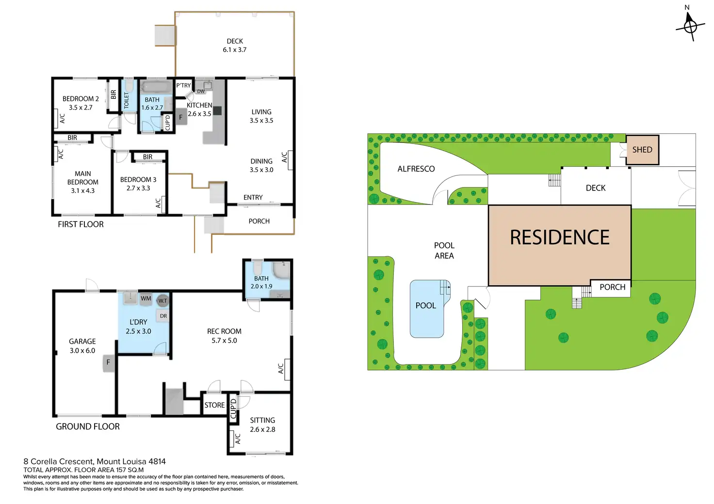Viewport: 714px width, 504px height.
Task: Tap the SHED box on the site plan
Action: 642,150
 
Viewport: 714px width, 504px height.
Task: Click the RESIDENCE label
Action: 560,237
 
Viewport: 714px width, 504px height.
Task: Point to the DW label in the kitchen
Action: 201,92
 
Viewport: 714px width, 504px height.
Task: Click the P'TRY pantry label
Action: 183,85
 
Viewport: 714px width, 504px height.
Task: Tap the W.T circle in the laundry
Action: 162,300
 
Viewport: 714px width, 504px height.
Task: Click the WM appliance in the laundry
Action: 146,299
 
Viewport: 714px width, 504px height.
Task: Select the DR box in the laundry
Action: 163,316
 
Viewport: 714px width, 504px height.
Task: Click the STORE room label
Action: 214,405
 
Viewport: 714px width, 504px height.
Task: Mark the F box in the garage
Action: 108,362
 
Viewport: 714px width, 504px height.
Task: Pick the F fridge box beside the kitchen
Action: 181,117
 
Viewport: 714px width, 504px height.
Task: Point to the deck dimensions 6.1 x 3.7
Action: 235,49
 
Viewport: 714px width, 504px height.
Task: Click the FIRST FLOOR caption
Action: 81,224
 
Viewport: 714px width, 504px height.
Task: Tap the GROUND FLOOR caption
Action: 88,426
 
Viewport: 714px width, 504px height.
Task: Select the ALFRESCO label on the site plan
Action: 416,169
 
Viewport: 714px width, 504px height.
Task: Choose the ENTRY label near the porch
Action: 253,197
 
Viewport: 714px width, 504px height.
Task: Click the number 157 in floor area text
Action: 122,470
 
